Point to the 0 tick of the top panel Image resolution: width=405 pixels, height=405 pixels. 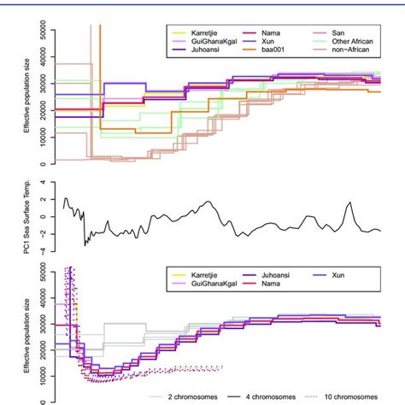point(41,162)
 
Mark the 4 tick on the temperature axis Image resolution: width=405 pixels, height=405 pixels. point(41,184)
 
